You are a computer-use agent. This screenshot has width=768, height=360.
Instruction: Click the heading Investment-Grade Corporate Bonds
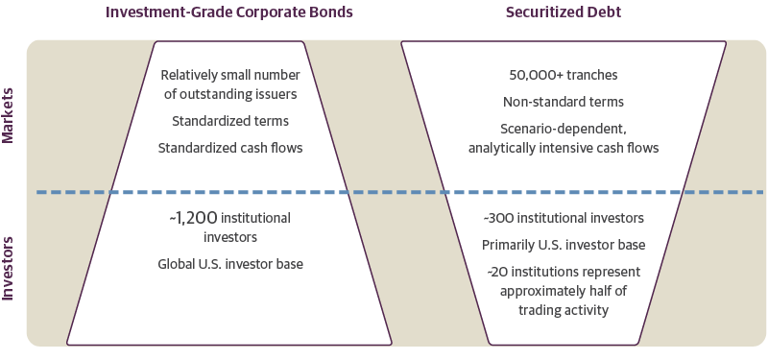(229, 12)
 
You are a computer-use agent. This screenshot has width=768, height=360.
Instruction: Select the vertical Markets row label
(9, 115)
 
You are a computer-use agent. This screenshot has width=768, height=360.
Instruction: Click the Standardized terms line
(229, 122)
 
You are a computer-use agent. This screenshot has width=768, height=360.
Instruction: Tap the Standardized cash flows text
(229, 148)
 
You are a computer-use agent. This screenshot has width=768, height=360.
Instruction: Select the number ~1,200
(190, 219)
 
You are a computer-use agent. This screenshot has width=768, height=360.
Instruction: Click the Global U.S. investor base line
(229, 263)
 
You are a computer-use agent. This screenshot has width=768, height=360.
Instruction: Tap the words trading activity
(564, 310)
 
